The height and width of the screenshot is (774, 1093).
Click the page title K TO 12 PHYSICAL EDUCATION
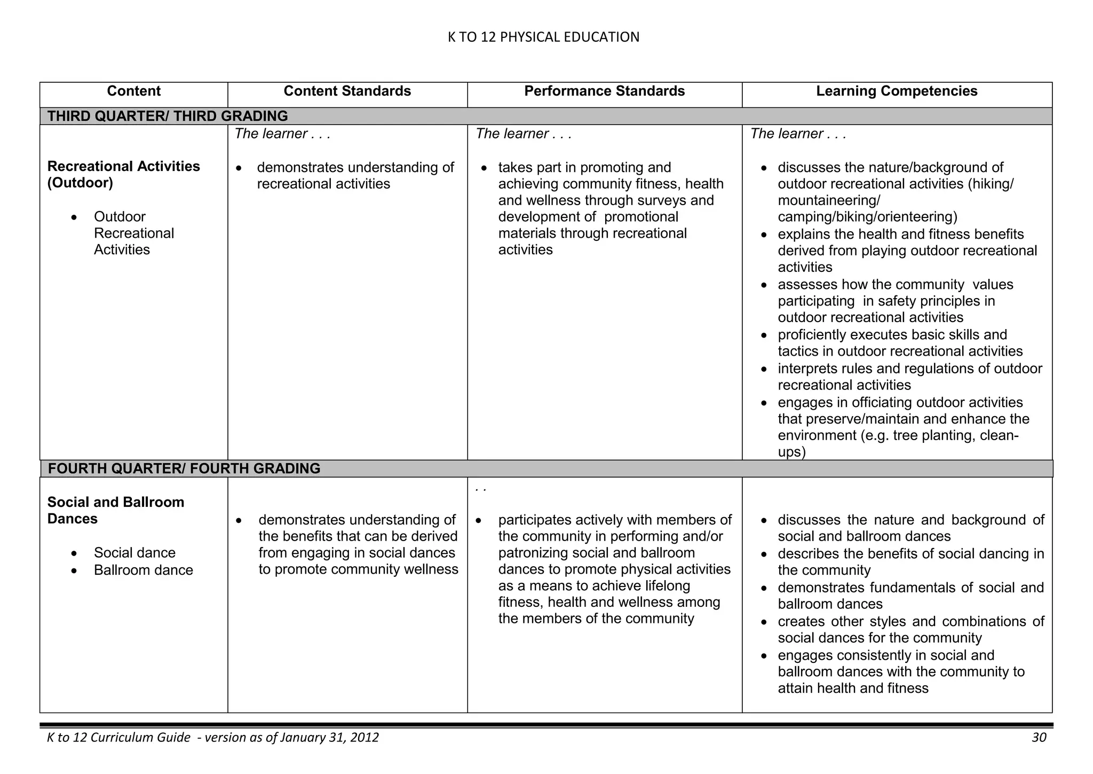[543, 37]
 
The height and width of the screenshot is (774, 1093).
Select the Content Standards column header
[347, 91]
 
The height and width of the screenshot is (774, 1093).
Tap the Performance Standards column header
[604, 91]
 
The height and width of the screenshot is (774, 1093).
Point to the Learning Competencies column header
[897, 91]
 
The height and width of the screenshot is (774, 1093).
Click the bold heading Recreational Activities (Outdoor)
[123, 175]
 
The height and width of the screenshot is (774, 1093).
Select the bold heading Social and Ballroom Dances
[115, 510]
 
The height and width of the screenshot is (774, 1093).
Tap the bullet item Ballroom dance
[143, 570]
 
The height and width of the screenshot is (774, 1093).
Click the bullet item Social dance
[134, 553]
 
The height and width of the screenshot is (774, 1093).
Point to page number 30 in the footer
[1039, 738]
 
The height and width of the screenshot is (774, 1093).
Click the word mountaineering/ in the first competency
[829, 200]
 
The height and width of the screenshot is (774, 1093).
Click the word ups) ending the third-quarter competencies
[791, 452]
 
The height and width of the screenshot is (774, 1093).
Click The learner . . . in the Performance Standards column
[523, 134]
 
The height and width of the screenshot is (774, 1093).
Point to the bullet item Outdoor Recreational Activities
[133, 233]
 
